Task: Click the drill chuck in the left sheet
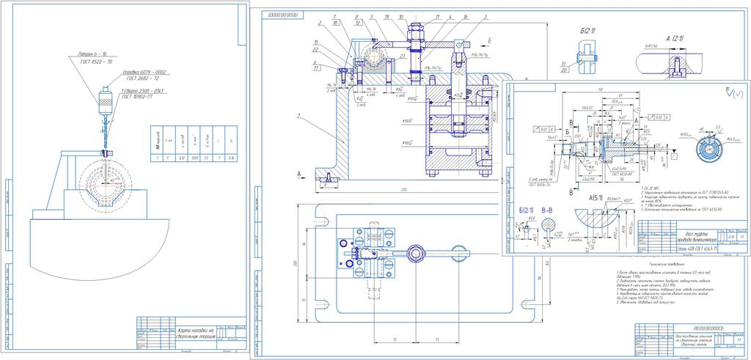tap(103, 100)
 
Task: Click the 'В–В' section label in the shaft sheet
tap(548, 210)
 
